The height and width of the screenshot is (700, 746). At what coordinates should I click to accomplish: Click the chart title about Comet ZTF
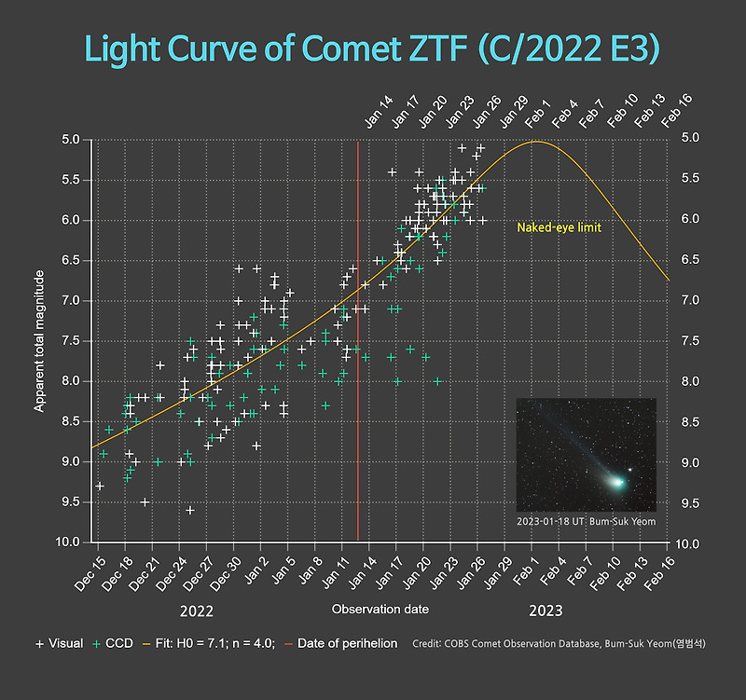(373, 48)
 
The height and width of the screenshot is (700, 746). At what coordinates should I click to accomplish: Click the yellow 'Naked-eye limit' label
(559, 227)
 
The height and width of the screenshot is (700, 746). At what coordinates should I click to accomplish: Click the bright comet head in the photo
(616, 481)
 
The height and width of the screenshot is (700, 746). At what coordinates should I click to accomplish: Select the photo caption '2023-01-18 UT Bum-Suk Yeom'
(586, 521)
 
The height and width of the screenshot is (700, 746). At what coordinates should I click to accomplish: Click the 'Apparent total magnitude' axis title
(40, 341)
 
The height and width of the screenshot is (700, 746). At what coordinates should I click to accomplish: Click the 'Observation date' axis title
(380, 609)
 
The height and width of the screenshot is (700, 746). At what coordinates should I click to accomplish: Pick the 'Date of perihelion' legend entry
(340, 643)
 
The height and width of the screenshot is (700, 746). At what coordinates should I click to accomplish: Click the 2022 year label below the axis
(198, 612)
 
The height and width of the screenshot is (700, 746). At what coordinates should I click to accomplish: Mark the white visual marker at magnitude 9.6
(190, 510)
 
